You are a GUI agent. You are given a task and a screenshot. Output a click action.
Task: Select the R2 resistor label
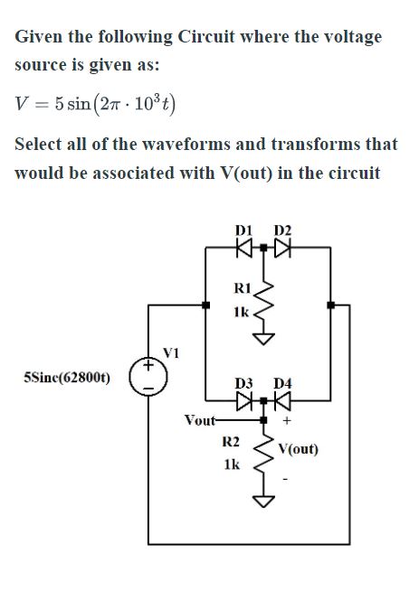click(x=231, y=442)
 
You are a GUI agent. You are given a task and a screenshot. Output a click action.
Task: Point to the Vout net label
click(x=199, y=420)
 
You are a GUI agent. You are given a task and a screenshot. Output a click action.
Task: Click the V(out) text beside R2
click(x=299, y=449)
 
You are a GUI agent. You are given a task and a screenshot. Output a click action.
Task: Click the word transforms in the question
click(x=290, y=144)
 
